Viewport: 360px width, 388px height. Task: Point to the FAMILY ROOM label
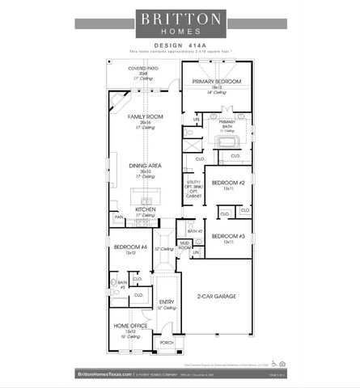click(x=145, y=117)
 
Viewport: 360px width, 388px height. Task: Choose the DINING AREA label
click(x=145, y=165)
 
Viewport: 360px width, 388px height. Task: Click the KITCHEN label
click(x=146, y=209)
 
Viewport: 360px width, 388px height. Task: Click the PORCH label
click(x=167, y=343)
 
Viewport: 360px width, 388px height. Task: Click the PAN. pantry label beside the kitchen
click(x=118, y=217)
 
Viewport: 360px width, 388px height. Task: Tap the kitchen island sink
click(x=147, y=198)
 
